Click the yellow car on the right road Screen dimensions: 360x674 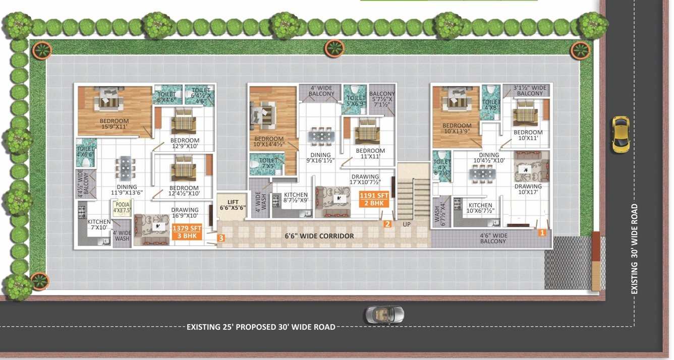tap(621, 134)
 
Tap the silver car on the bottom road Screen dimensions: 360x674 tap(384, 315)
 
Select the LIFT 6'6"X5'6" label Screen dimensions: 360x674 tap(233, 205)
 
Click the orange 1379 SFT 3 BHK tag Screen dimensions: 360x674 tap(187, 232)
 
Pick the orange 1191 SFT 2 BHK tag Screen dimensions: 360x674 tap(374, 199)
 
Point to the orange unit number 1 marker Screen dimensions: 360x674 tap(542, 233)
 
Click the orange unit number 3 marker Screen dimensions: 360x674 tap(221, 237)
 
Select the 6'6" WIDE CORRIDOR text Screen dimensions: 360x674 tap(319, 236)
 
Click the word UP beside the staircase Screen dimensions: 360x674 tap(406, 224)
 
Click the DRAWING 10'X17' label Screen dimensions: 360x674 tap(528, 189)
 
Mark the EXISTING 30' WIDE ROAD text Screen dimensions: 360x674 tap(635, 249)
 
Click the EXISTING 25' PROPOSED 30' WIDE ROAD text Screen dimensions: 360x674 tap(261, 327)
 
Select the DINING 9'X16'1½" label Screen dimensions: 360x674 tap(321, 158)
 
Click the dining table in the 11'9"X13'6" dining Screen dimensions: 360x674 tap(125, 167)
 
